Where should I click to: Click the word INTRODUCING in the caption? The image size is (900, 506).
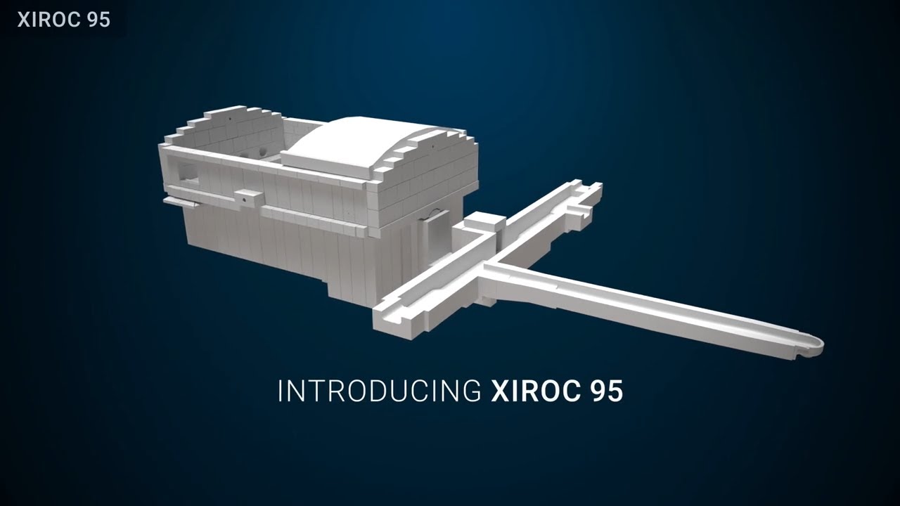pos(378,391)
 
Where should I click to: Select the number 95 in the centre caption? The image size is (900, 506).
pos(604,391)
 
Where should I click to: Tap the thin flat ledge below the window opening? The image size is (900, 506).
pos(180,202)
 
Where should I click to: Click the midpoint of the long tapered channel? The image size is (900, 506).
pos(647,306)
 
